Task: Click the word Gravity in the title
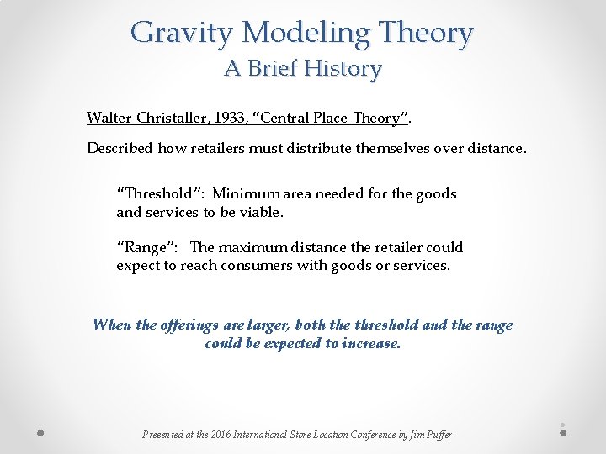click(x=182, y=34)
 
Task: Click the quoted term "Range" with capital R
click(x=146, y=247)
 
